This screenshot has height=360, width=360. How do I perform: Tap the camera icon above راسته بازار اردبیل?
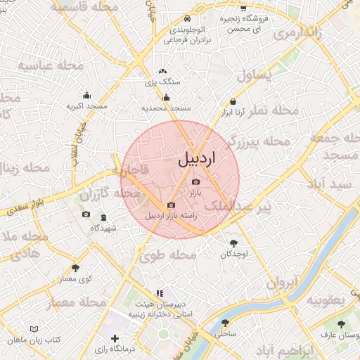tap(171, 205)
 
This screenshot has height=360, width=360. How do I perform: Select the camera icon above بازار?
tap(195, 181)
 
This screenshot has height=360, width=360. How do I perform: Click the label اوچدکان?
tap(231, 254)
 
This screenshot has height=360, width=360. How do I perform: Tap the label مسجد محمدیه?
tap(166, 108)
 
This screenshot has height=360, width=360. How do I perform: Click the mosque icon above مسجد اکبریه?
tap(86, 96)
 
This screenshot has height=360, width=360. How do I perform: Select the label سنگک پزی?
tap(163, 82)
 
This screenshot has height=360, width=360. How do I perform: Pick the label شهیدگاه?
tap(103, 228)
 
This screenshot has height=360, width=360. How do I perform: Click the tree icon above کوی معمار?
tap(75, 268)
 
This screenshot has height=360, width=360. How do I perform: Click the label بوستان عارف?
tap(341, 335)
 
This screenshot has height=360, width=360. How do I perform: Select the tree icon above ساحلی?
tap(226, 323)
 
